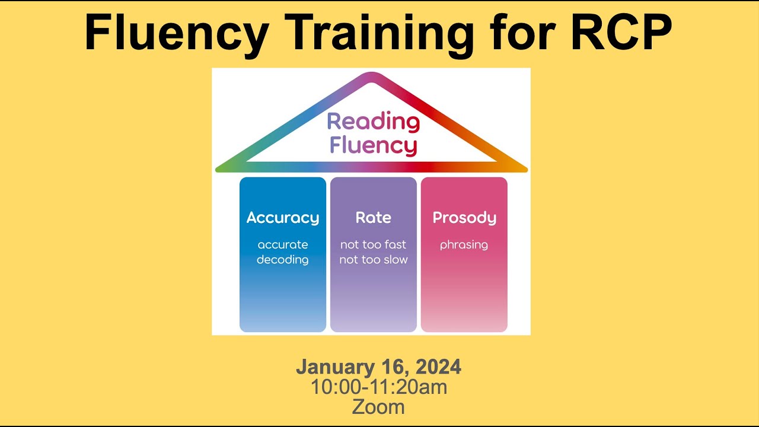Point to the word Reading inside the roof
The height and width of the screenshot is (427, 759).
click(373, 122)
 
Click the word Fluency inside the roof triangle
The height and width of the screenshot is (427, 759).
click(373, 145)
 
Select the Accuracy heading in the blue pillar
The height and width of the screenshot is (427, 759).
click(283, 218)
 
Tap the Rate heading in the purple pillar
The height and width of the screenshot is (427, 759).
click(374, 218)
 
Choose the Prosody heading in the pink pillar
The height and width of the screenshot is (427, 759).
click(464, 218)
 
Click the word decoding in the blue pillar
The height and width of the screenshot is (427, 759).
click(283, 260)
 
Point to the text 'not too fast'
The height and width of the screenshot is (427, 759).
click(374, 244)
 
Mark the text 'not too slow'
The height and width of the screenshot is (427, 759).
click(374, 260)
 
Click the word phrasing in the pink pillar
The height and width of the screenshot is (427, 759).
click(464, 245)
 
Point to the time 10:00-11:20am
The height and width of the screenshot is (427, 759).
click(379, 387)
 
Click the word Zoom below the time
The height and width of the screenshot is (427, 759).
click(378, 407)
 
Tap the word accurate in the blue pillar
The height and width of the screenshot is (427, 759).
click(283, 244)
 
